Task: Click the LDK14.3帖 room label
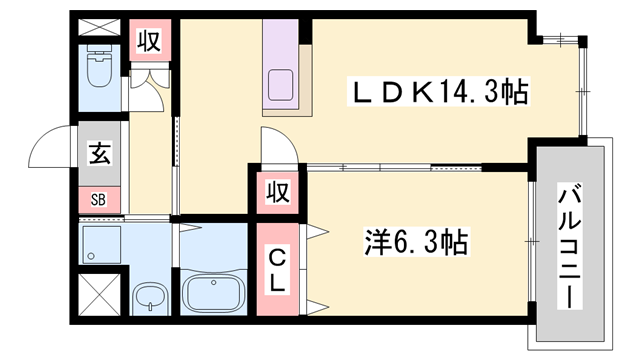click(x=436, y=93)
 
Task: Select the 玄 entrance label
click(x=101, y=154)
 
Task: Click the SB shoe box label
click(x=100, y=197)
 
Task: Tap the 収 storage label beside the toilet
click(x=150, y=43)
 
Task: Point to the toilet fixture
click(x=101, y=70)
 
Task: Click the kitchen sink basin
click(x=281, y=86)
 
